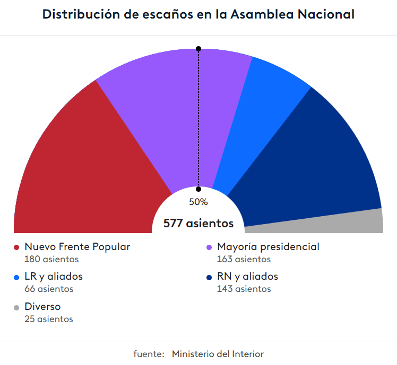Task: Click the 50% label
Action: pyautogui.click(x=198, y=202)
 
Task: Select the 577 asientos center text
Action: pyautogui.click(x=198, y=224)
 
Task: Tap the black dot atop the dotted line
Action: pyautogui.click(x=198, y=49)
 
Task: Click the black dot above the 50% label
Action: pyautogui.click(x=198, y=189)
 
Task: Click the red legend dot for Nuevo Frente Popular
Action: pyautogui.click(x=16, y=247)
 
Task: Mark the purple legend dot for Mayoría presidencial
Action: pyautogui.click(x=209, y=247)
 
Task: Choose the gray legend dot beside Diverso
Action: pyautogui.click(x=16, y=307)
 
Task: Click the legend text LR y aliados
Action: pyautogui.click(x=54, y=277)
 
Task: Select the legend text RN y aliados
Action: pyautogui.click(x=247, y=277)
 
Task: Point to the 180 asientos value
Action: pyautogui.click(x=51, y=260)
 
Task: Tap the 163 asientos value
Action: pyautogui.click(x=244, y=260)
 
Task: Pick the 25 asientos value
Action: pyautogui.click(x=49, y=319)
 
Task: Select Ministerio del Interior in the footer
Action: pyautogui.click(x=218, y=354)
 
